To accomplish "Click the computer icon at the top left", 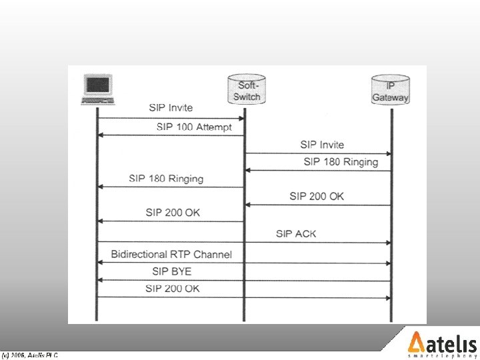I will click(98, 90).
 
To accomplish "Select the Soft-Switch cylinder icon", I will click(245, 91).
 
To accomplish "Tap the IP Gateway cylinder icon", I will click(391, 91).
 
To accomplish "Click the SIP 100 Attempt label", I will click(194, 127).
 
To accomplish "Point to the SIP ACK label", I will click(296, 233).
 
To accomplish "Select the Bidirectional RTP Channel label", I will click(171, 254).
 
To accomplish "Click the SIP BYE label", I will click(171, 271).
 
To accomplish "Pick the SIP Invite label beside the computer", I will click(171, 107).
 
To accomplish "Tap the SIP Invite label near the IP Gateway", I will click(322, 145).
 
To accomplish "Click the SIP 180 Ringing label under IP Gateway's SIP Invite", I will click(341, 162).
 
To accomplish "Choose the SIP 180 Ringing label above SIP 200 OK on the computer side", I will click(166, 179).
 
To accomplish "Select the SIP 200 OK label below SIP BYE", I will click(172, 288).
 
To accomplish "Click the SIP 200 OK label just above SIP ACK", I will click(317, 196).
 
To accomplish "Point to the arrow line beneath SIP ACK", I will click(244, 242).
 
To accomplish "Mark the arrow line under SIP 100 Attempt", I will click(171, 135).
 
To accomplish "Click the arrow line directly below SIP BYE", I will click(244, 281).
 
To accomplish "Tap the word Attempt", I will click(213, 127).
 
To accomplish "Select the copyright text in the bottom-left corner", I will click(30, 355).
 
